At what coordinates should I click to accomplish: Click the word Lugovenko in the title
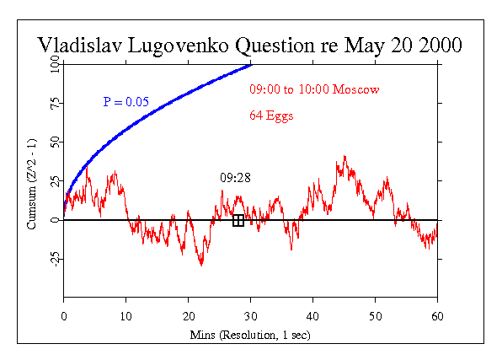tap(178, 46)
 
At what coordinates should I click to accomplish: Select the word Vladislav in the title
tap(80, 45)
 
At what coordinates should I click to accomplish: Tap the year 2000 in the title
tap(441, 45)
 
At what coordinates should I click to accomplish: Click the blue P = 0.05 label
tap(125, 102)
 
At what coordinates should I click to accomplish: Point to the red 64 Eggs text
tap(271, 116)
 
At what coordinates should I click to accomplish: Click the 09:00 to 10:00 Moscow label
tap(314, 89)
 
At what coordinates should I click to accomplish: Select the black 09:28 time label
tap(235, 178)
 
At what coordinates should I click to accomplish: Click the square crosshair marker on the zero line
tap(238, 221)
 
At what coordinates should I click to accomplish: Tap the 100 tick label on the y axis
tap(55, 64)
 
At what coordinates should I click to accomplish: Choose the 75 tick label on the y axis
tap(55, 104)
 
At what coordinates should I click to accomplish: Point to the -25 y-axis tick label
tap(56, 259)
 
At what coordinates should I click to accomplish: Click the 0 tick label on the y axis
tap(55, 220)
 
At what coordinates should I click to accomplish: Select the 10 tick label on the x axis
tap(125, 316)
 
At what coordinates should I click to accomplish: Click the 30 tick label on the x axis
tap(251, 316)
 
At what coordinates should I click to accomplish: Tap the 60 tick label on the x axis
tap(437, 316)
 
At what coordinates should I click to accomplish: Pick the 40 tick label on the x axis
tap(312, 316)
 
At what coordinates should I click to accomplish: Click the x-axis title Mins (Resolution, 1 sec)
tap(250, 335)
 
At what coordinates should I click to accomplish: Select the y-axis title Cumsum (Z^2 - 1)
tap(32, 184)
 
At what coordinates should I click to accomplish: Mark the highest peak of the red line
tap(344, 156)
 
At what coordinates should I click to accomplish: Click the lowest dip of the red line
tap(201, 266)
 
